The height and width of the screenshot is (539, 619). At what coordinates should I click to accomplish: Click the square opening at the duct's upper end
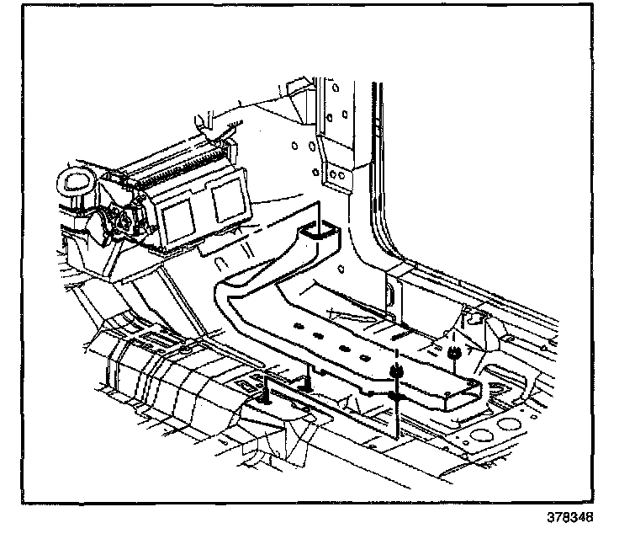tap(318, 232)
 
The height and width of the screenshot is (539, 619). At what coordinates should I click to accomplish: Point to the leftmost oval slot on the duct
tap(296, 324)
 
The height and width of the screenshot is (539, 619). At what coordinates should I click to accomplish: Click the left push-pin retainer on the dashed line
tap(394, 371)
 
